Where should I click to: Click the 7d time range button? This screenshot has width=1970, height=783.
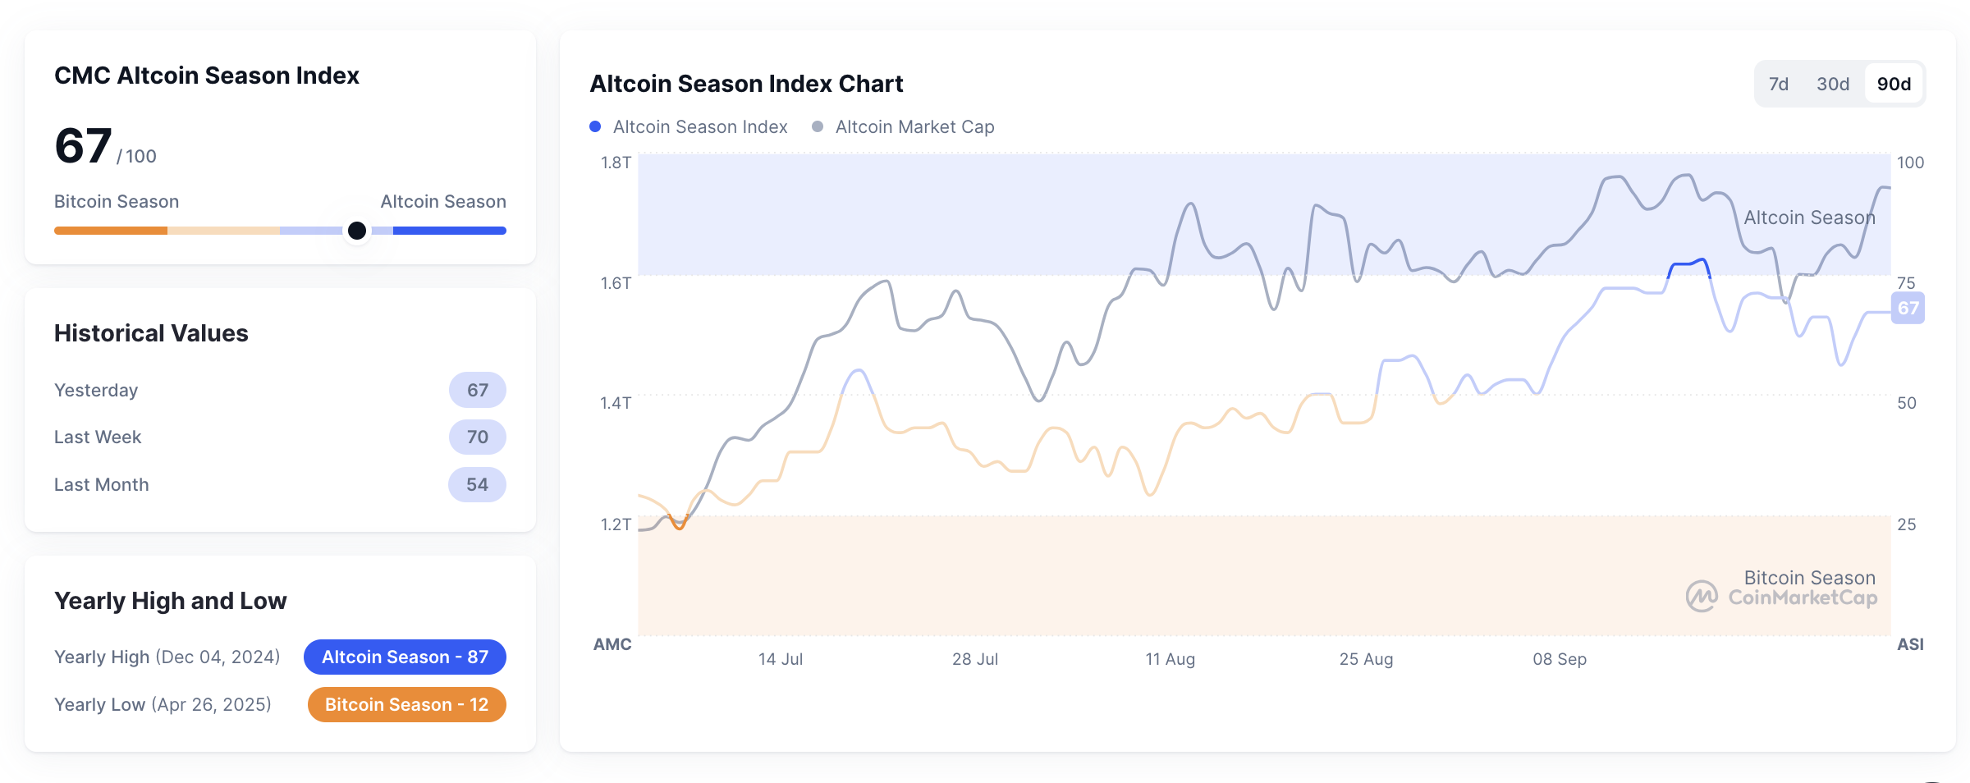[1778, 84]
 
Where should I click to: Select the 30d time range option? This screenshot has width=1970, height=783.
[1832, 84]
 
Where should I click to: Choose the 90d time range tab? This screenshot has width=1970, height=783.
[1894, 84]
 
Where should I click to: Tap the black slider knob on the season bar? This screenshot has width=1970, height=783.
[357, 231]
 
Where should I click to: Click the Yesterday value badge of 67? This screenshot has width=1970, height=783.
[477, 390]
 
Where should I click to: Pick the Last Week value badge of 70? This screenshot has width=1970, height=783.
[477, 437]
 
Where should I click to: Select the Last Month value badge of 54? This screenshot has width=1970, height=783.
[477, 484]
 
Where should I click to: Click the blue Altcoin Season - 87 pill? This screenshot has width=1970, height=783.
[405, 657]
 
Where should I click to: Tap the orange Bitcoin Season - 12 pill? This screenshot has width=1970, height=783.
[406, 704]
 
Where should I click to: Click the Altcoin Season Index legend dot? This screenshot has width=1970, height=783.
[595, 126]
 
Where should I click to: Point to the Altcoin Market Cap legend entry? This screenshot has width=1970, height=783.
[903, 126]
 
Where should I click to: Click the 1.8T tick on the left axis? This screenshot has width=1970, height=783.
[616, 163]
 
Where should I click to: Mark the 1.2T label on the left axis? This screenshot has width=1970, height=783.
[616, 524]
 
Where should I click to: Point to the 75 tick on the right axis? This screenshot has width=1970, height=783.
[1906, 283]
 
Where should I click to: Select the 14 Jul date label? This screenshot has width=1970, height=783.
[780, 659]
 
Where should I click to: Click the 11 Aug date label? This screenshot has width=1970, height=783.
[1170, 659]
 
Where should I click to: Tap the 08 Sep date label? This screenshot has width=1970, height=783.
[1559, 659]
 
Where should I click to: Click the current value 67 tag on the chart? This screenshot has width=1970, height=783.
[1908, 309]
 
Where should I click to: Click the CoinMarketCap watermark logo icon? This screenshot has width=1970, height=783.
[1701, 597]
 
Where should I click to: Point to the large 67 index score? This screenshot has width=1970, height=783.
[83, 146]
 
